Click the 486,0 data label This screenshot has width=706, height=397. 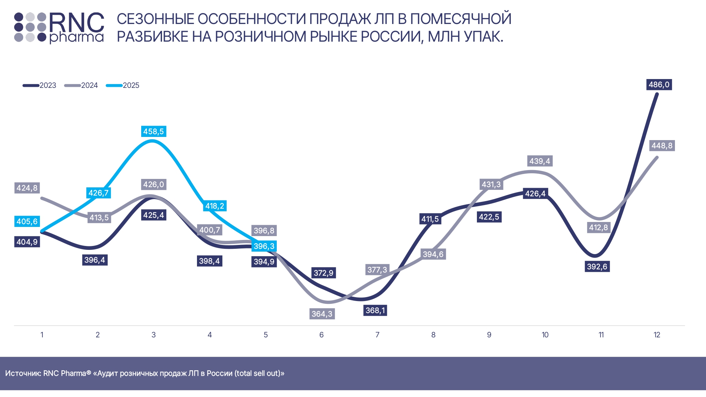(659, 85)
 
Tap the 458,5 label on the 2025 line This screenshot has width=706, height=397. (154, 132)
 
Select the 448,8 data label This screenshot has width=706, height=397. (662, 146)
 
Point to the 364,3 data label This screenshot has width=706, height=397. (322, 314)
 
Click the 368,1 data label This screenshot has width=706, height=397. (376, 311)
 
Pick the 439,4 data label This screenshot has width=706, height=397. (540, 161)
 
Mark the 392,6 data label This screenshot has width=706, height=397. (597, 266)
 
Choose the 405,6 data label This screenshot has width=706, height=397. (27, 222)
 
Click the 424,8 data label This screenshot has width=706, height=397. (27, 188)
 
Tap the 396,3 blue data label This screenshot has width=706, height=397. (264, 246)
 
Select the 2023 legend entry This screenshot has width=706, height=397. (40, 85)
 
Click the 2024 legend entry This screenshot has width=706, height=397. (81, 85)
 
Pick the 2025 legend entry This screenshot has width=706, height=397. (123, 85)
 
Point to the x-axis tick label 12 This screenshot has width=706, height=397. (657, 335)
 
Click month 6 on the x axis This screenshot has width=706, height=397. (322, 335)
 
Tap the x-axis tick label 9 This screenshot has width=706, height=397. (489, 335)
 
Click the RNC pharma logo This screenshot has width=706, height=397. (59, 28)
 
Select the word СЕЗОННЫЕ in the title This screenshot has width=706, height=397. (155, 19)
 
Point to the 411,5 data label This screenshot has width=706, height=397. (430, 219)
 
